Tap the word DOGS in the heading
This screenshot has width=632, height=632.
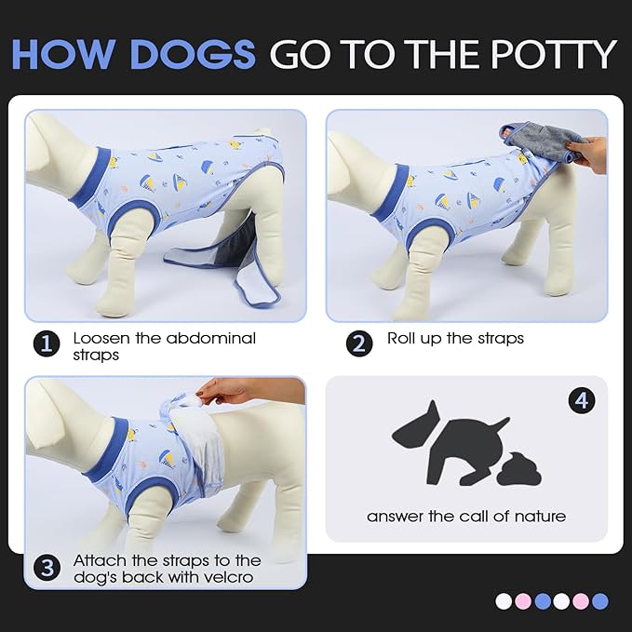(x=192, y=54)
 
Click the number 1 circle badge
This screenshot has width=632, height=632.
(x=47, y=343)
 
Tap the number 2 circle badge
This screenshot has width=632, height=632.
(x=359, y=343)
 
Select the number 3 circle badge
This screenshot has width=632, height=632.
(x=47, y=567)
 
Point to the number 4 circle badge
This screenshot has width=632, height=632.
(x=582, y=401)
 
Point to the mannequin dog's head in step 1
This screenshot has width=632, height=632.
(x=55, y=139)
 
